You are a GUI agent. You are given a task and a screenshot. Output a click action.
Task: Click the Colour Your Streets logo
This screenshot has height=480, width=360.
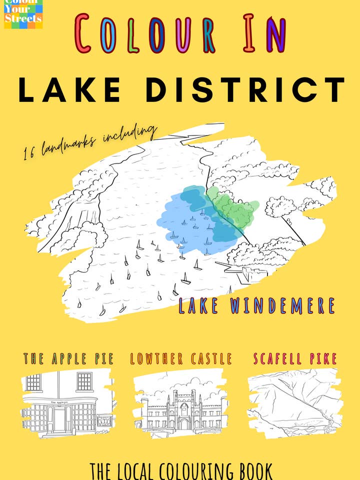tap(23, 14)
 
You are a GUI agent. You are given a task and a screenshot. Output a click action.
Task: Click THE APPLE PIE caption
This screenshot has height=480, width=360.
tap(68, 358)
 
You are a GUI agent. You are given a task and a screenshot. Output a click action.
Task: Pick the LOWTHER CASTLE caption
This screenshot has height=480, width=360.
tap(181, 358)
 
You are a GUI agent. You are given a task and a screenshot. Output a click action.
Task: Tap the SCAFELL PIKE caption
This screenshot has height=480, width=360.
tap(295, 358)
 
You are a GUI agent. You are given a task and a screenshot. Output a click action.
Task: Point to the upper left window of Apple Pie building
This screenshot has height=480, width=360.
tap(33, 382)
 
